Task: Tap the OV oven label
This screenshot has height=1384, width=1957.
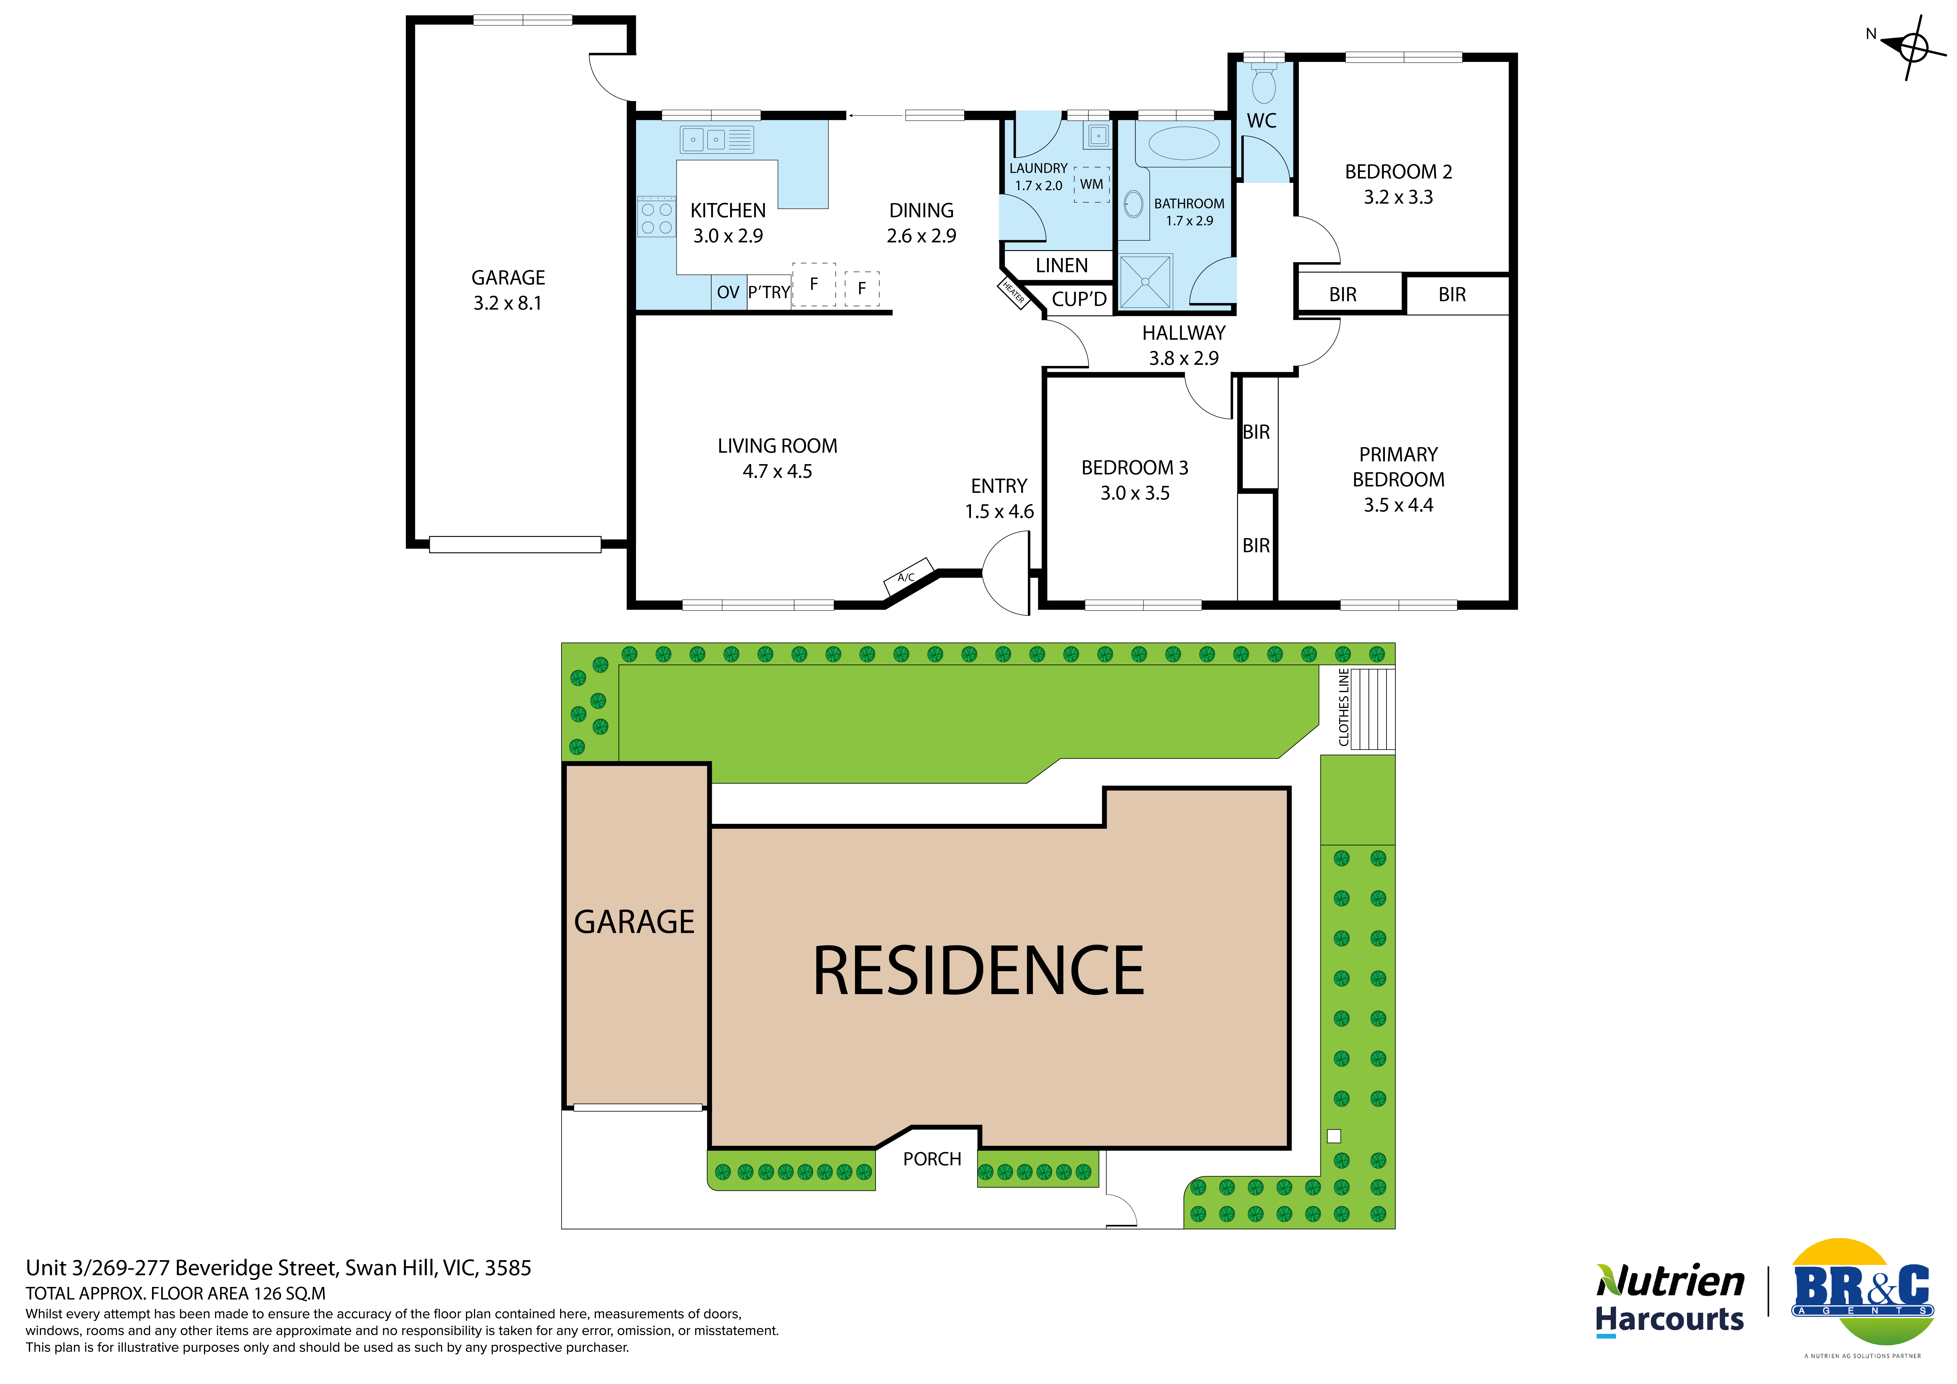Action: pyautogui.click(x=728, y=292)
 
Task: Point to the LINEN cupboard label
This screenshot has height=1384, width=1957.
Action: pyautogui.click(x=1061, y=266)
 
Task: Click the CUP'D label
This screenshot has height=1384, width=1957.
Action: pyautogui.click(x=1079, y=299)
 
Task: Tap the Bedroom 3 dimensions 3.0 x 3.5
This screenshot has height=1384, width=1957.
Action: pyautogui.click(x=1134, y=493)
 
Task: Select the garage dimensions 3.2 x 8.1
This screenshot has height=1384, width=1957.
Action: pyautogui.click(x=508, y=303)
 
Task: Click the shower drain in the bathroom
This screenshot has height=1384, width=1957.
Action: pyautogui.click(x=1145, y=281)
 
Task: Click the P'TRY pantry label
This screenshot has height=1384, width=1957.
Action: pyautogui.click(x=769, y=292)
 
